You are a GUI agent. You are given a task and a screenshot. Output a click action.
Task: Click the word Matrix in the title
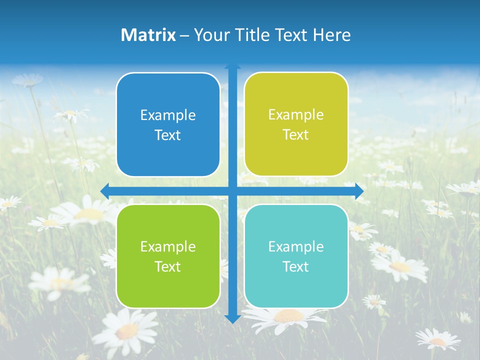(x=148, y=35)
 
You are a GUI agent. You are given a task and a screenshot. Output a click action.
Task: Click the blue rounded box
(x=168, y=124)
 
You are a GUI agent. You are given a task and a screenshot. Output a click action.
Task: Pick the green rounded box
(x=168, y=256)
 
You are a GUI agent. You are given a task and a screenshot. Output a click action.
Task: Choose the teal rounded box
(x=296, y=256)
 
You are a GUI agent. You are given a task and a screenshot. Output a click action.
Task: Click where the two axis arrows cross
(x=232, y=191)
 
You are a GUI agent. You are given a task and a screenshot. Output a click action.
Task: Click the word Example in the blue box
(x=168, y=115)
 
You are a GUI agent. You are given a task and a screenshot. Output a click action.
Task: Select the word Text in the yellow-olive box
(x=296, y=135)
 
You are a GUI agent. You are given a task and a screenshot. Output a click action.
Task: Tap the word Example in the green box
(x=168, y=246)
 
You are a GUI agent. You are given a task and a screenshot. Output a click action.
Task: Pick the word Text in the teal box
(x=296, y=266)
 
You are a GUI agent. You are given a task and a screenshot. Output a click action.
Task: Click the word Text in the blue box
(x=168, y=135)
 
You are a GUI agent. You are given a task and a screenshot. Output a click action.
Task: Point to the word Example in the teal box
(x=296, y=246)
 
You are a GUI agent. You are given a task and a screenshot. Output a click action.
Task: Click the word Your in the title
(x=210, y=35)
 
